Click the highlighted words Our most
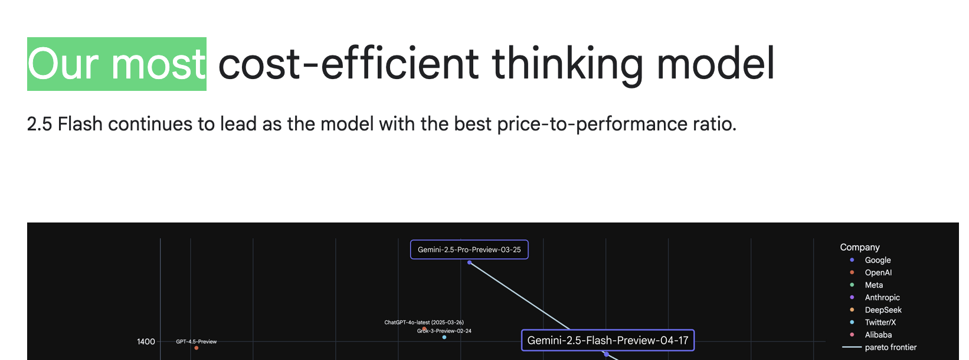point(117,64)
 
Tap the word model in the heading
point(715,63)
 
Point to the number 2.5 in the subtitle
point(40,124)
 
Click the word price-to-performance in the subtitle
point(592,124)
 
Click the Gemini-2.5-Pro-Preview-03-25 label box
point(469,250)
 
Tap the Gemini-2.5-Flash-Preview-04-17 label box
point(608,341)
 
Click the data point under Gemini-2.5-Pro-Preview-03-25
point(469,262)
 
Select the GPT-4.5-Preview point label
point(197,341)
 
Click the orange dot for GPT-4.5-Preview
point(197,348)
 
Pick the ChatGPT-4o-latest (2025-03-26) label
point(424,322)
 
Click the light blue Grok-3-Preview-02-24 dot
point(444,337)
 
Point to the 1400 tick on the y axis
point(146,342)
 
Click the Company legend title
point(860,247)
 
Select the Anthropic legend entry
point(875,297)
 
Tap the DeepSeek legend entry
point(876,310)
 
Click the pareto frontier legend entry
point(879,347)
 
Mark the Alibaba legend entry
point(871,335)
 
